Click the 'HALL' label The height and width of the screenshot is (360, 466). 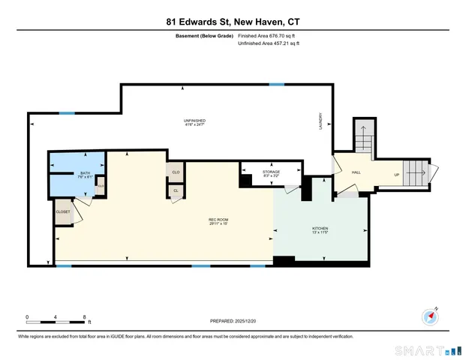[x=356, y=172]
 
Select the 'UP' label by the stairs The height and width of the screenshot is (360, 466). [x=396, y=175]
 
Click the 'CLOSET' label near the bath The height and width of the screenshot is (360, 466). [x=63, y=212]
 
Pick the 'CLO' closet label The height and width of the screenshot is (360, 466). [x=175, y=172]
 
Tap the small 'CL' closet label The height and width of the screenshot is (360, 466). [x=175, y=190]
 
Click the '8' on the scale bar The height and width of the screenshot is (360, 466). [x=84, y=316]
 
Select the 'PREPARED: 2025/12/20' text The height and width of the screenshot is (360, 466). [x=233, y=321]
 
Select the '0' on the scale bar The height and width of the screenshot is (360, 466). [x=27, y=316]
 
